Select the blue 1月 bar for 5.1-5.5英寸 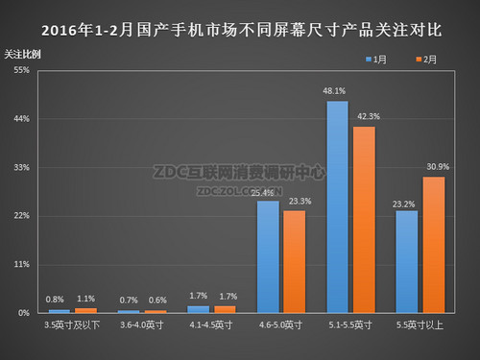click(x=337, y=206)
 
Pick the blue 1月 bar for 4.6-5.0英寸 click(x=268, y=256)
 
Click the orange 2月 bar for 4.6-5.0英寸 click(x=295, y=261)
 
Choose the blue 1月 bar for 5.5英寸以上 click(x=407, y=261)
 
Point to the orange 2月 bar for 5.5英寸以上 click(x=434, y=245)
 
